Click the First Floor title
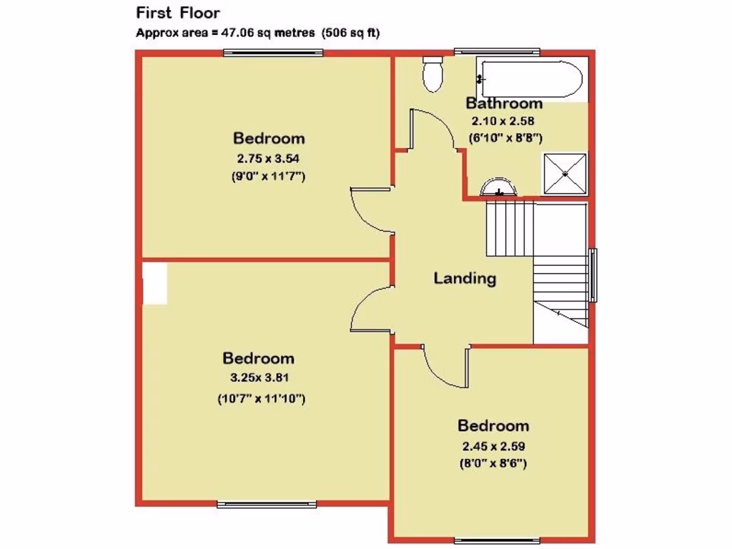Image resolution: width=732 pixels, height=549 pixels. coord(178,13)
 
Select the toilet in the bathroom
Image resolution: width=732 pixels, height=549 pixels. coord(432,75)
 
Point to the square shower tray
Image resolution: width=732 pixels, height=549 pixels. coord(565,174)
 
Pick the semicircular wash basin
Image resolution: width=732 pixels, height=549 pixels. coord(498,187)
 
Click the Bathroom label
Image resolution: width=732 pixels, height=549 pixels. coord(504,104)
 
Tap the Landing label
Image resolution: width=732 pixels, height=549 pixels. coord(465,278)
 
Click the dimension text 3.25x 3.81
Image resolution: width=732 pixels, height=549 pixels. coord(258,378)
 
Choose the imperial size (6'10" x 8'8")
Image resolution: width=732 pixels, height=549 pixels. coord(504,137)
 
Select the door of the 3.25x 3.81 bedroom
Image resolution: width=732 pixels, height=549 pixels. coord(372,309)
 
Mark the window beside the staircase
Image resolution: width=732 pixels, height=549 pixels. coord(593,275)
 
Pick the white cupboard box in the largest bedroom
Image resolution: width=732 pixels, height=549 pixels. coord(154,282)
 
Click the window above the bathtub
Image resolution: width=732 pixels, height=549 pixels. coord(497,50)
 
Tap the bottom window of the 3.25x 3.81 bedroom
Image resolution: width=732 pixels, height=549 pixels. coord(267,505)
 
